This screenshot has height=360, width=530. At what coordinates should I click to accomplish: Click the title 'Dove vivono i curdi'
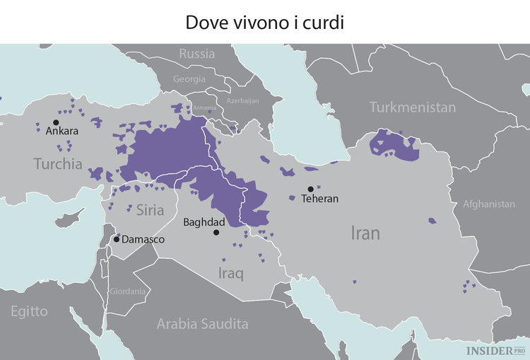coord(264,22)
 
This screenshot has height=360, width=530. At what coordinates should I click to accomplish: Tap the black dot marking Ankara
coord(56,122)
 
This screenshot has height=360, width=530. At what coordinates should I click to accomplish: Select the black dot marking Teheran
coord(310,189)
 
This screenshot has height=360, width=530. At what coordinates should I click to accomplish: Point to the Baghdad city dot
coord(216,232)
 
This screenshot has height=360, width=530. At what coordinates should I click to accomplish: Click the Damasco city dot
coord(117,239)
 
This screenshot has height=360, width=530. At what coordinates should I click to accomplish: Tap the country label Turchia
coord(58,164)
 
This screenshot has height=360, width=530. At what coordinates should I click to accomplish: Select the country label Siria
coord(150,210)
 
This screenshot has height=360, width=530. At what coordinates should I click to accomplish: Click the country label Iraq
coord(230,273)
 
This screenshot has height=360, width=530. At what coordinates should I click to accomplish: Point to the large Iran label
coord(365,233)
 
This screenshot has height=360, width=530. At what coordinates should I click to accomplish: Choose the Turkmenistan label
coord(413,108)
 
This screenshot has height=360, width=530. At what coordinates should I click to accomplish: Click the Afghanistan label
coord(489,204)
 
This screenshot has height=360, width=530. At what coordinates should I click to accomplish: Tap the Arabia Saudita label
coord(202,324)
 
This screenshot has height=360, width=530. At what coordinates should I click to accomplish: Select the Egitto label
coord(29,311)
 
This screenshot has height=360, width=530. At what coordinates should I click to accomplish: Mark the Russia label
coord(196,54)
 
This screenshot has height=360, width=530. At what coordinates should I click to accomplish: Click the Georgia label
coord(189,79)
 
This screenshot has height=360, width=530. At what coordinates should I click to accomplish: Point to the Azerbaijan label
coord(242,101)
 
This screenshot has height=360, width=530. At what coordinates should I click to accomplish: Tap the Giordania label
coord(128,291)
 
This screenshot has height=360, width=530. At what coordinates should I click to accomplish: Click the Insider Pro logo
coord(494,349)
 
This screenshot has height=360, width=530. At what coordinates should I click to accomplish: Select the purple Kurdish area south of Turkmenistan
coord(393,144)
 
